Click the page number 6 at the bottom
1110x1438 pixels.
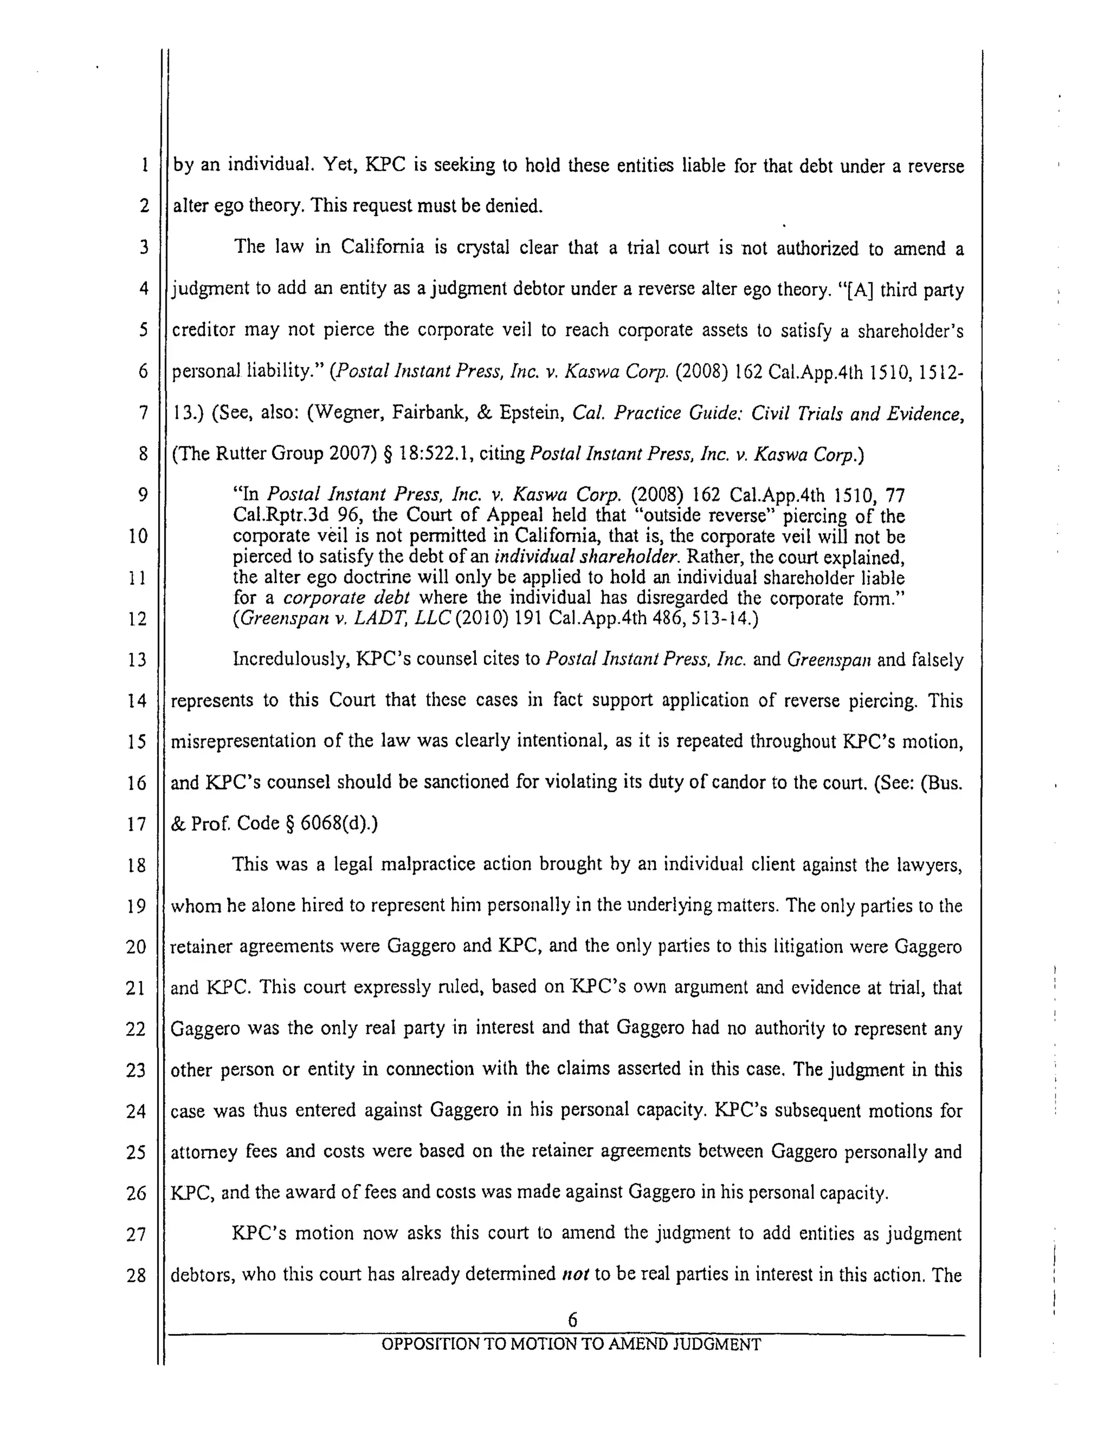572,1319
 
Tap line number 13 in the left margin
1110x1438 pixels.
137,660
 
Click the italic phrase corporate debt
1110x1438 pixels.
346,598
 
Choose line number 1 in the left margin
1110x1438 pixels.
144,165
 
